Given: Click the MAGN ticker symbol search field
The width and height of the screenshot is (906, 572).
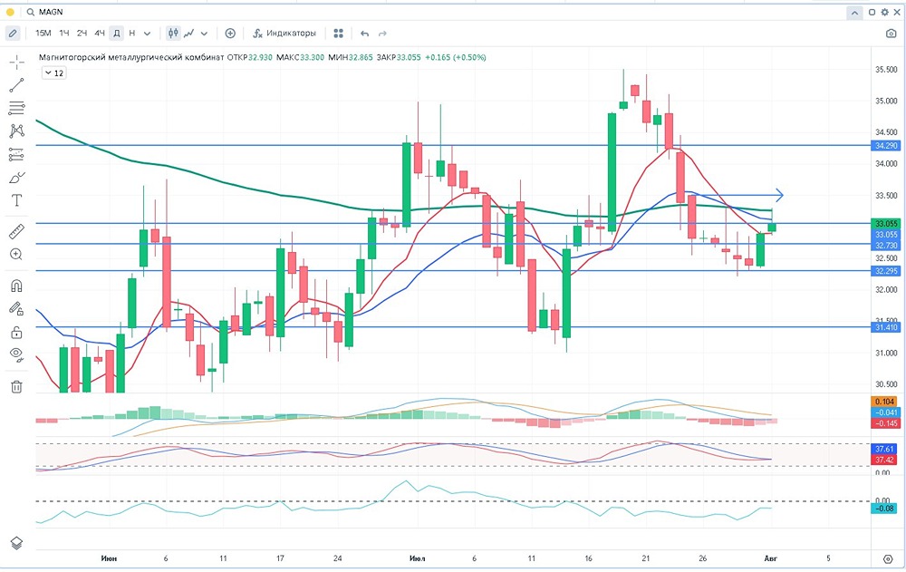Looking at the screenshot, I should (54, 12).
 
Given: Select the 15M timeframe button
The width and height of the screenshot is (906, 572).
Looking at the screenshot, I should (43, 34).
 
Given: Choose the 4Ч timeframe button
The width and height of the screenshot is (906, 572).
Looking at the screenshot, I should (100, 34).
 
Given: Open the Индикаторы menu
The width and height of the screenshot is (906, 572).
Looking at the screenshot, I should (284, 34).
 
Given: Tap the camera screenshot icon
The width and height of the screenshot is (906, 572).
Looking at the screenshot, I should (891, 34).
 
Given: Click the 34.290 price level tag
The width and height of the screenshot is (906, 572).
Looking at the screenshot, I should (885, 145).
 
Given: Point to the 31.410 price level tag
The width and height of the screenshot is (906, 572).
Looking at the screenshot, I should (885, 327).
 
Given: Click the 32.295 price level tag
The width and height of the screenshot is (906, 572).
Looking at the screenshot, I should (885, 271).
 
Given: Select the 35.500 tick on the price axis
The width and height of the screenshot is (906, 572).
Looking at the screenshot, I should (885, 70).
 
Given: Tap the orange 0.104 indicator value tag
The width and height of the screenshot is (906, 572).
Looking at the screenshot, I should (885, 402).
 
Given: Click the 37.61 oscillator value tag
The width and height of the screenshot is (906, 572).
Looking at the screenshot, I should (885, 450).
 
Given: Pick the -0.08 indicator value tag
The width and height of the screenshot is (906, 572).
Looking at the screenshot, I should (885, 509).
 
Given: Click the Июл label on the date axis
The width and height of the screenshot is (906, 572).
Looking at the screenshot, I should (418, 558).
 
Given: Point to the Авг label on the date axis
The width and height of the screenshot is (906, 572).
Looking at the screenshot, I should (770, 558).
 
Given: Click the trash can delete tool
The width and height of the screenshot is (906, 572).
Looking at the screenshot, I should (16, 387).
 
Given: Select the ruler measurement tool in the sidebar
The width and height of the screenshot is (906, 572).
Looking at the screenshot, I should (16, 231).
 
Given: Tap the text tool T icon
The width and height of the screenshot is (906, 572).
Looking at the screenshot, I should (16, 200).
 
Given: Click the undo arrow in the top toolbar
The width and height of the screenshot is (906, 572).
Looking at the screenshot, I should (365, 34).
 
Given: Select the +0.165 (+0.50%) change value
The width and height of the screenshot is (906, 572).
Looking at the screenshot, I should (456, 57).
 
